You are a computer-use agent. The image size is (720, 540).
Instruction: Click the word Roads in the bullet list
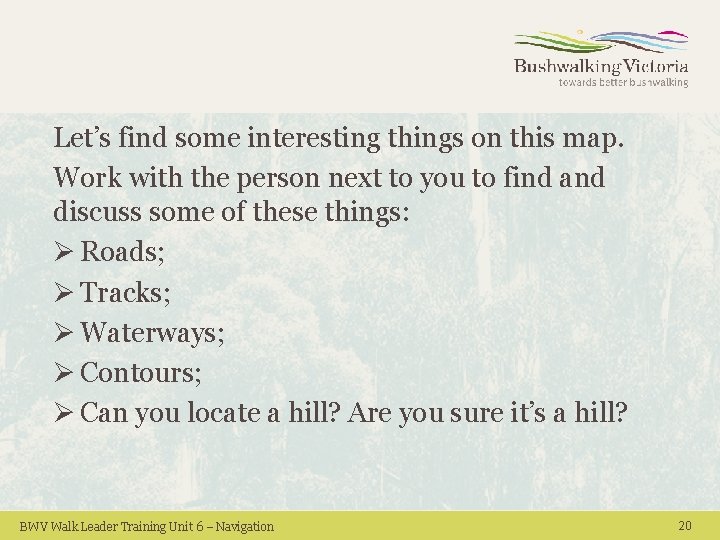click(x=120, y=252)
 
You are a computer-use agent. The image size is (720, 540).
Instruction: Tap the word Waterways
click(x=150, y=333)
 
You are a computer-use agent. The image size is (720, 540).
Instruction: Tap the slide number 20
click(x=685, y=526)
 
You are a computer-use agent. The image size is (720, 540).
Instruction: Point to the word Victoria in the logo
click(x=655, y=67)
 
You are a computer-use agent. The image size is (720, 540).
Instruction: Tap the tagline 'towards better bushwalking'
click(x=623, y=83)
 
